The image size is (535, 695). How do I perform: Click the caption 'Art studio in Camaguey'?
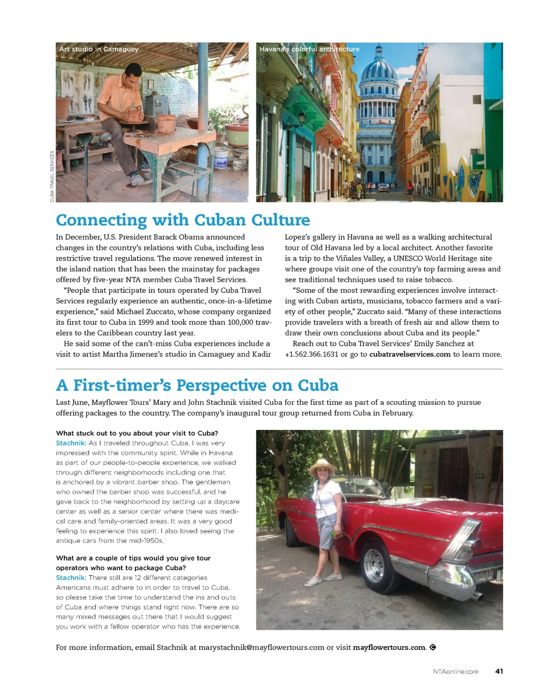[x=99, y=49]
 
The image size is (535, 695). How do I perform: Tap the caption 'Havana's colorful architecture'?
[x=309, y=49]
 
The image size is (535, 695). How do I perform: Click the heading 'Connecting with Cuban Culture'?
[x=183, y=220]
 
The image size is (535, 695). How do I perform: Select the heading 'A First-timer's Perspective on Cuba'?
[x=197, y=385]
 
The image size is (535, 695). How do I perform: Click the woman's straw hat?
[x=322, y=465]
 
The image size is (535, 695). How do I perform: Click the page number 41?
[x=499, y=671]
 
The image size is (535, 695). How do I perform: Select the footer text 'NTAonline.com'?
[x=456, y=672]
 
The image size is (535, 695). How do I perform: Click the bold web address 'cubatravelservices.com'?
[x=410, y=355]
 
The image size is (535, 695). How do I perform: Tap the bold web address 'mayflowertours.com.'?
[x=390, y=647]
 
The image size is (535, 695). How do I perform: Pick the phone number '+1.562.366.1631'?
[x=311, y=355]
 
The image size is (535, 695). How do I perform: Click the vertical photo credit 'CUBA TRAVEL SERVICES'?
[x=52, y=176]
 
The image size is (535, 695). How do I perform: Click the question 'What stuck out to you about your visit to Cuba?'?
[x=137, y=433]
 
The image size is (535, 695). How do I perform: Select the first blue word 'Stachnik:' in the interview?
[x=71, y=443]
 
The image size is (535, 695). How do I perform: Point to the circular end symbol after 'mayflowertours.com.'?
[x=433, y=647]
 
